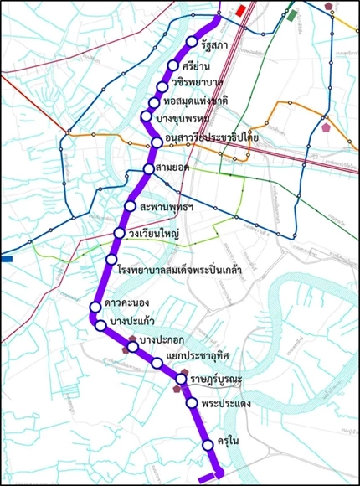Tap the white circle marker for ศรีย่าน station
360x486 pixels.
[173, 65]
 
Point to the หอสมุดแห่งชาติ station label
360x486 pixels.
[195, 101]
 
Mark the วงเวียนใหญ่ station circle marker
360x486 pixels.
[120, 233]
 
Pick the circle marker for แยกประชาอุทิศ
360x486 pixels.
[157, 363]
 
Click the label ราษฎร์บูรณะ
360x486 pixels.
[216, 380]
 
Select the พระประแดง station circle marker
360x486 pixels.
[193, 403]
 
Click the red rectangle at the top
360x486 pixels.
[242, 11]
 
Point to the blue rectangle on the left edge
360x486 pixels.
[6, 260]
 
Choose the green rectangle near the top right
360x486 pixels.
[292, 15]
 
